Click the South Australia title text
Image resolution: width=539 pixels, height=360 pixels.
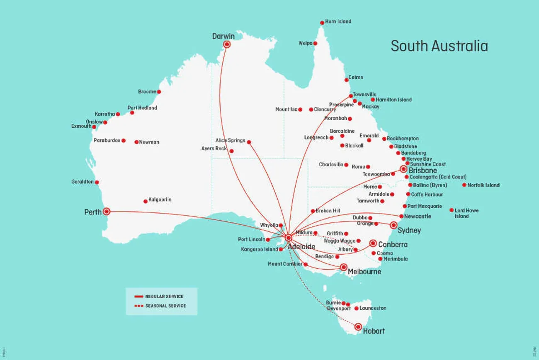pyautogui.click(x=439, y=46)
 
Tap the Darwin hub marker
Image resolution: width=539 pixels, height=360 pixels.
pyautogui.click(x=227, y=44)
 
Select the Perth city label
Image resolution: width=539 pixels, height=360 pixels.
pyautogui.click(x=93, y=212)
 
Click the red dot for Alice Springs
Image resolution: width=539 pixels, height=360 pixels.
pyautogui.click(x=249, y=142)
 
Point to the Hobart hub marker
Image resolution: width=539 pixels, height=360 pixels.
pyautogui.click(x=358, y=327)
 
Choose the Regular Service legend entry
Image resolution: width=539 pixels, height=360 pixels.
pyautogui.click(x=159, y=297)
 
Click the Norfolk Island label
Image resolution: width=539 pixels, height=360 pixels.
pyautogui.click(x=483, y=185)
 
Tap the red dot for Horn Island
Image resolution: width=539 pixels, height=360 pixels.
pyautogui.click(x=322, y=23)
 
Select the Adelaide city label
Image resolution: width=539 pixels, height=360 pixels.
pyautogui.click(x=301, y=247)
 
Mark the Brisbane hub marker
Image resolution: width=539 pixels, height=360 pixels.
pyautogui.click(x=403, y=169)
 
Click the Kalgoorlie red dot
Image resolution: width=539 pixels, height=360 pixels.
pyautogui.click(x=146, y=201)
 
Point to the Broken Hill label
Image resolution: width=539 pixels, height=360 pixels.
pyautogui.click(x=328, y=211)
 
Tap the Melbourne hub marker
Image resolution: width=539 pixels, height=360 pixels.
pyautogui.click(x=343, y=267)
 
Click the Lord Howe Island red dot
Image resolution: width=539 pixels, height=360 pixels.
pyautogui.click(x=451, y=210)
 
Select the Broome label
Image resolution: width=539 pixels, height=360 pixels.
pyautogui.click(x=147, y=92)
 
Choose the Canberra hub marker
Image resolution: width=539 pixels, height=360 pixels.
pyautogui.click(x=373, y=243)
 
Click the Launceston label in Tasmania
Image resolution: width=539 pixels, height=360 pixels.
pyautogui.click(x=373, y=308)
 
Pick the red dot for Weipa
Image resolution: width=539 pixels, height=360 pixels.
pyautogui.click(x=315, y=43)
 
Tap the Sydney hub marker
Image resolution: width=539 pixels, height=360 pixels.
pyautogui.click(x=393, y=225)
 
